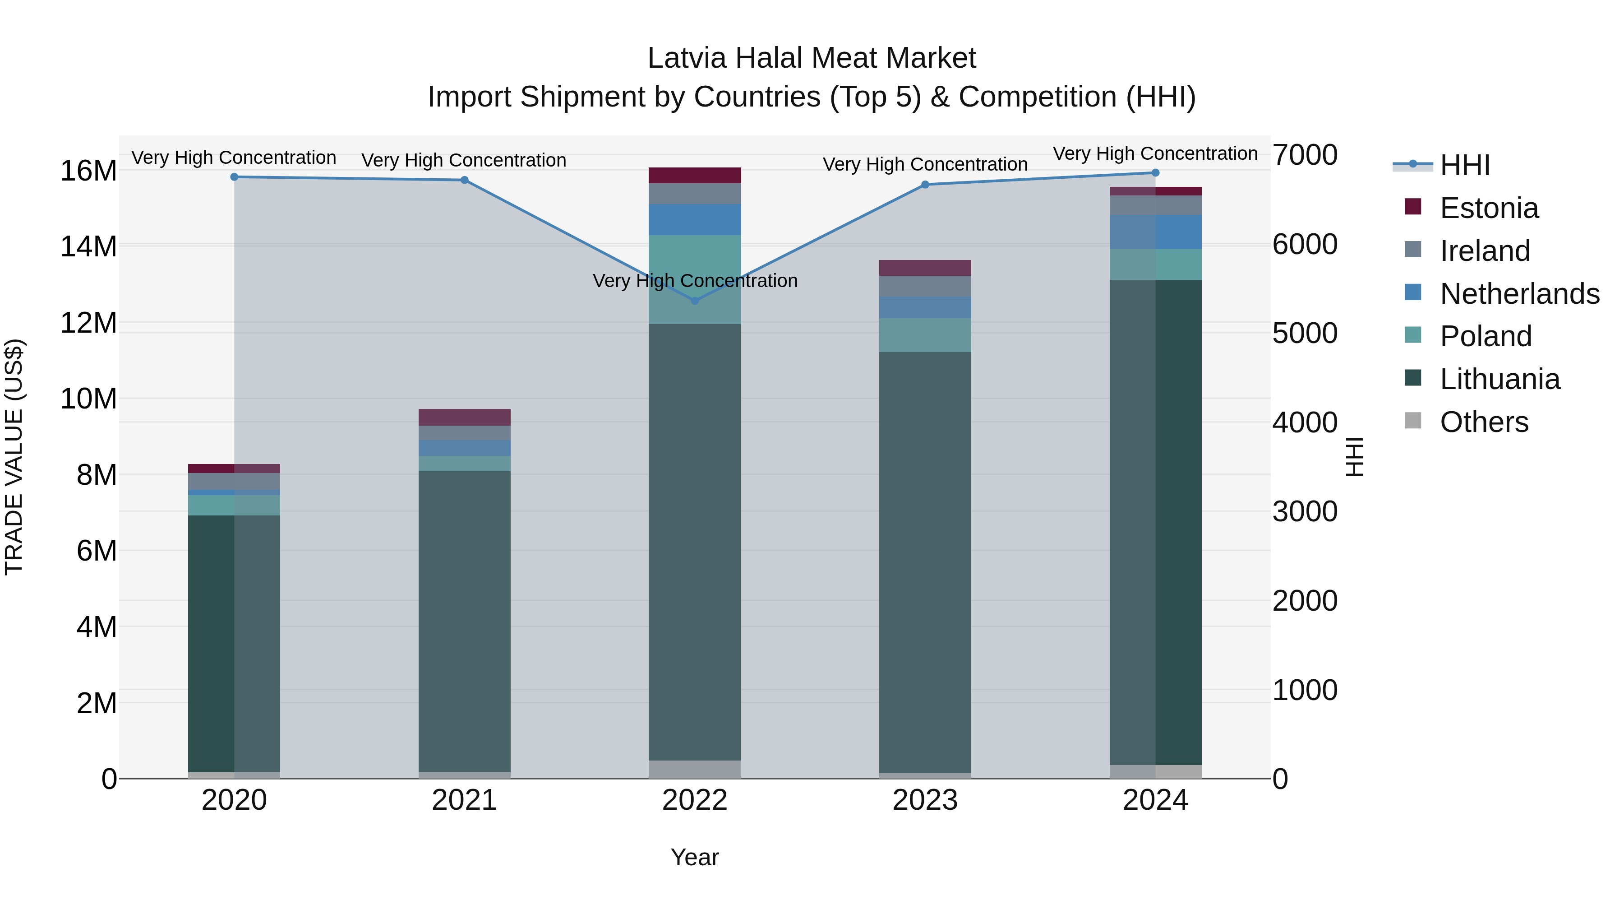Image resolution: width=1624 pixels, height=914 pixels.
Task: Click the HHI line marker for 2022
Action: [x=695, y=301]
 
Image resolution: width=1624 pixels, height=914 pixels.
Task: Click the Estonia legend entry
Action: [x=1489, y=208]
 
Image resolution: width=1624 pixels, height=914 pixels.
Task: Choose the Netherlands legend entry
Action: [x=1519, y=294]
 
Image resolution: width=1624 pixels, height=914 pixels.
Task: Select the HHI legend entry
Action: [x=1464, y=165]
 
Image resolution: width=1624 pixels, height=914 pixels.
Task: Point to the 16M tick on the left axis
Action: [x=88, y=171]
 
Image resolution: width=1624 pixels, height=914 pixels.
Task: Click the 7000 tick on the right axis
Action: [x=1304, y=155]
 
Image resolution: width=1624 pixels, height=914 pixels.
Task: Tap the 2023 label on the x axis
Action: [x=925, y=800]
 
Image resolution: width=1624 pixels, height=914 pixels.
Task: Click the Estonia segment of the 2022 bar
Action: [x=695, y=176]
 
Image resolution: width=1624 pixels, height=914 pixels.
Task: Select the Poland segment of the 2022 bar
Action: [x=695, y=279]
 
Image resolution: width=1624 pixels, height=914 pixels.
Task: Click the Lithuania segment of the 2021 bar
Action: [x=465, y=622]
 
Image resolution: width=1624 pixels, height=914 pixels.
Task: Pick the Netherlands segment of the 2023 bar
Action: [x=925, y=307]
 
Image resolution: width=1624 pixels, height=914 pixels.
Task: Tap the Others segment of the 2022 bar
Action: [x=695, y=769]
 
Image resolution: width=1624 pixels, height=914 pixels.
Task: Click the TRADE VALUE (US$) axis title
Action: [x=14, y=457]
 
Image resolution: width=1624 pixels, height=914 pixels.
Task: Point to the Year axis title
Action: [x=695, y=857]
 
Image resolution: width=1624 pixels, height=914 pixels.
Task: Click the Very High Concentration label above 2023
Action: [x=925, y=165]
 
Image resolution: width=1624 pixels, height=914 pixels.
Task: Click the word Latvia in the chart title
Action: [x=687, y=58]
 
